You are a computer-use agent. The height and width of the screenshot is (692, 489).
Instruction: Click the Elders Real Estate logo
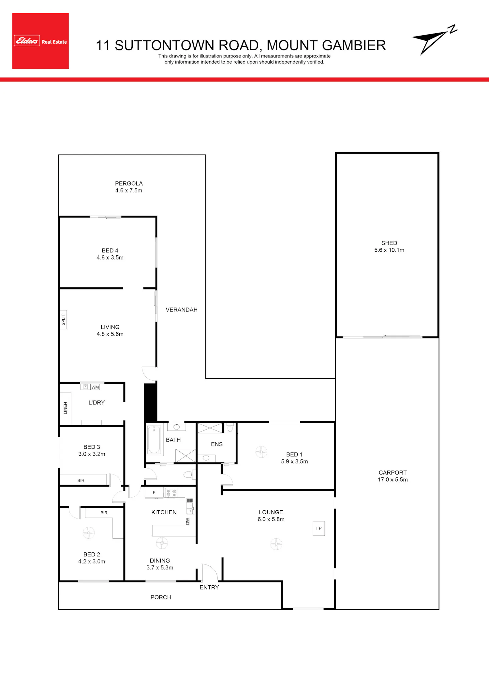point(40,41)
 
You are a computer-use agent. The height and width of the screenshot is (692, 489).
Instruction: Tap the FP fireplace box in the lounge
point(319,528)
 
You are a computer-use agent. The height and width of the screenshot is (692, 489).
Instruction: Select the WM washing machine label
point(95,387)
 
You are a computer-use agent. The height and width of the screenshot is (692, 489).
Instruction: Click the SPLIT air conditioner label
point(63,320)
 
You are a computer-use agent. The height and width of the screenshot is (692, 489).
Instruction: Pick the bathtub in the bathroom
point(154,439)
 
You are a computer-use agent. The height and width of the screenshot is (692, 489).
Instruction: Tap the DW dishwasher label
point(187,521)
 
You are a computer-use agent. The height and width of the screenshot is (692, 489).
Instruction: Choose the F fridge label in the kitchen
point(154,492)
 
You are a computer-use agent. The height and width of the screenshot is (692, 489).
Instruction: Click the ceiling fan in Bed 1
point(261,452)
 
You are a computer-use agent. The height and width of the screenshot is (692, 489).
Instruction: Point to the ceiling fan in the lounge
point(276,544)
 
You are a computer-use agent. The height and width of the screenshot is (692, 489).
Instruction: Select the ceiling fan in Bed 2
point(88,533)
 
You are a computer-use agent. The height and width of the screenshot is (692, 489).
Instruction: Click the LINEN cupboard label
point(65,408)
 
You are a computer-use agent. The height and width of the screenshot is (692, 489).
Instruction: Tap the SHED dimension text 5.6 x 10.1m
point(389,250)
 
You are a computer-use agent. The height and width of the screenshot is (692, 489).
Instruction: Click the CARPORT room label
point(393,473)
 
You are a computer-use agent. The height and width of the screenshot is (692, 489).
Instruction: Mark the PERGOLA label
point(129,184)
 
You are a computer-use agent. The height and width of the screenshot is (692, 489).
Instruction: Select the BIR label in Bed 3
point(81,480)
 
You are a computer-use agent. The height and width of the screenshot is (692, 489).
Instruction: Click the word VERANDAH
point(182,310)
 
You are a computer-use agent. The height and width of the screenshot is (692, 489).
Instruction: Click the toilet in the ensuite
point(230,428)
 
